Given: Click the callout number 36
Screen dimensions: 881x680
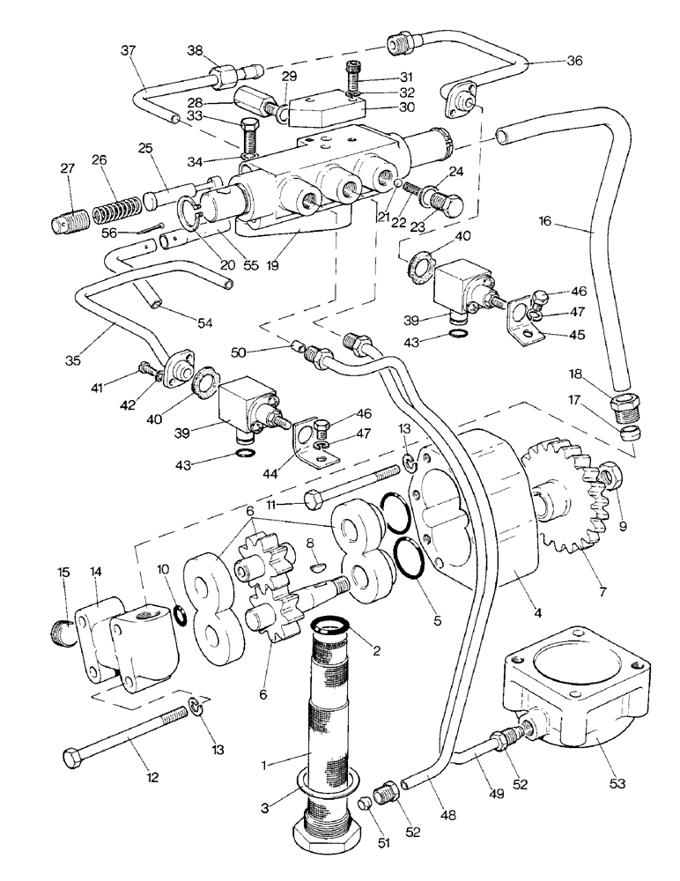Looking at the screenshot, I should coord(575,62).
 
